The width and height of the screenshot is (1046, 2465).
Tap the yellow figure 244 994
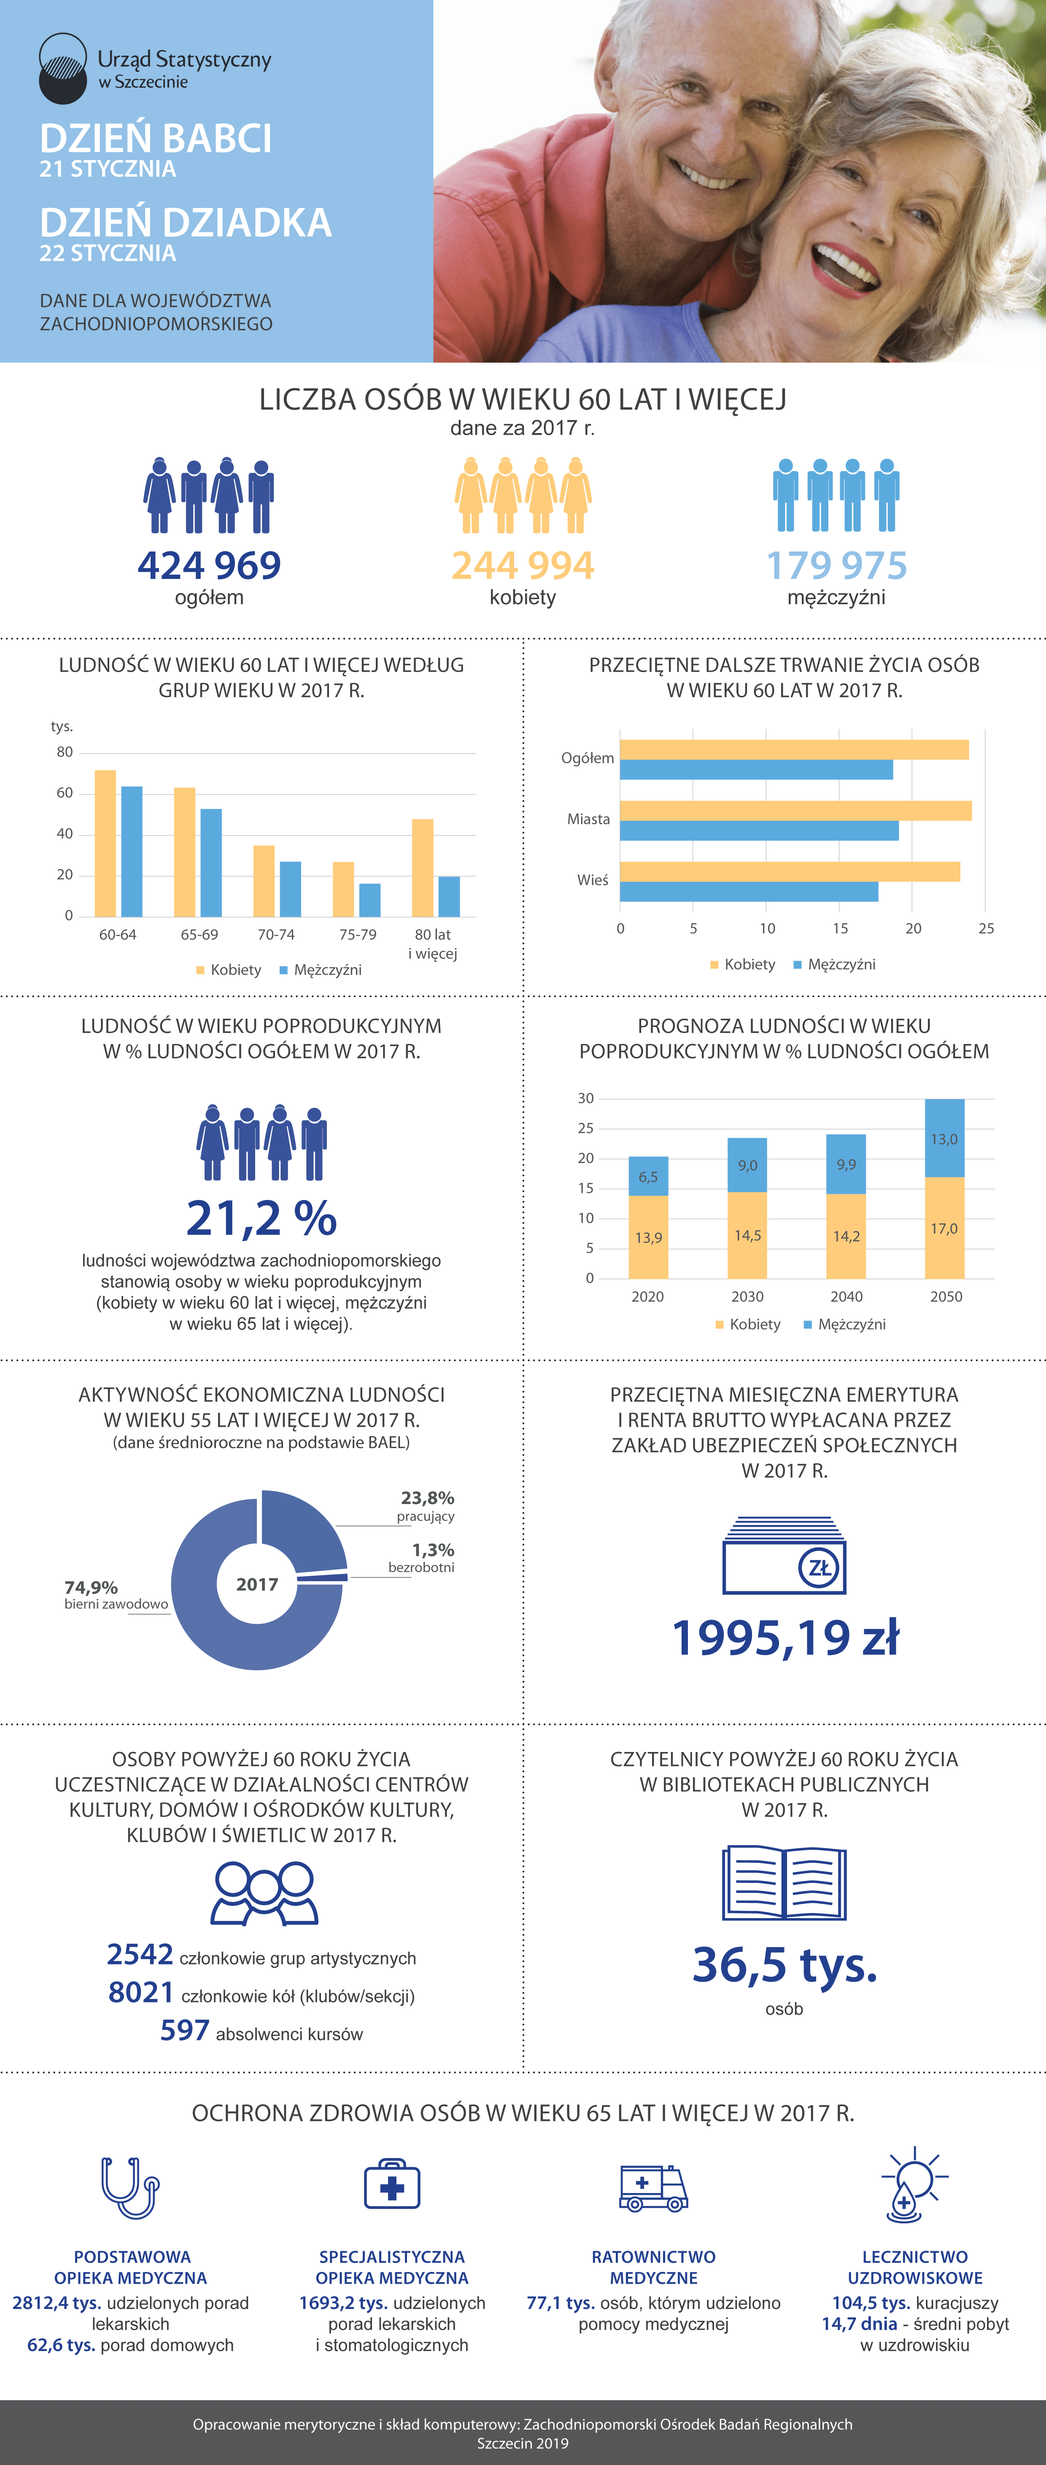[523, 565]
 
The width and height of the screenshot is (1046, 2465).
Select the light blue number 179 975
[836, 565]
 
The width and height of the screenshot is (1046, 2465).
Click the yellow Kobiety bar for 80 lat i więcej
[422, 868]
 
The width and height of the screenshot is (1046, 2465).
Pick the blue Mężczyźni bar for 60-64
[132, 852]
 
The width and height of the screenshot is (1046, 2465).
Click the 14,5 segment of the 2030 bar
[747, 1235]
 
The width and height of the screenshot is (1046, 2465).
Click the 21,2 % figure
[261, 1218]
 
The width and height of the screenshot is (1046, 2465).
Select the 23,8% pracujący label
[427, 1505]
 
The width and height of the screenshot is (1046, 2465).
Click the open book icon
[784, 1882]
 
